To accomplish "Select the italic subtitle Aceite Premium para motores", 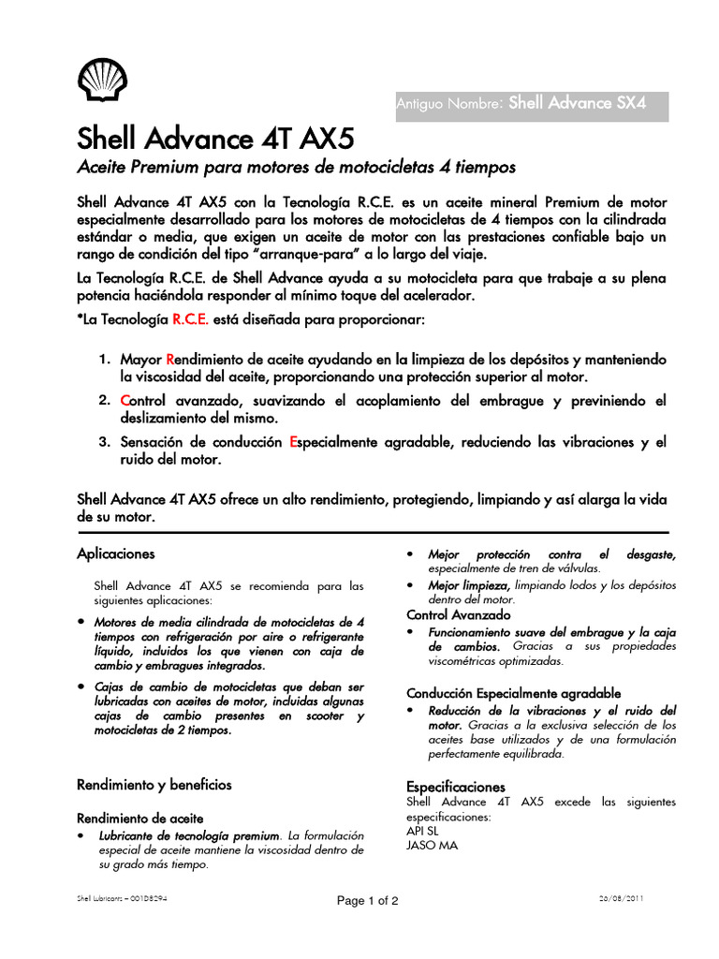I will pos(295,168).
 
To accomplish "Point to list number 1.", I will pos(105,360).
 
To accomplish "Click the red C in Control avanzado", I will pos(125,401).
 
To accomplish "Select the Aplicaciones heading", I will pos(115,553).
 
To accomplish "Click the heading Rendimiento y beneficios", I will pos(154,784).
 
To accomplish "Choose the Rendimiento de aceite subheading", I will pos(139,818).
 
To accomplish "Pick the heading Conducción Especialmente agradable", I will pos(513,693).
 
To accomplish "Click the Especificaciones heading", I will pos(455,787).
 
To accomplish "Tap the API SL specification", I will pos(422,830).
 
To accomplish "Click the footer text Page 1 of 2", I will pos(368,901).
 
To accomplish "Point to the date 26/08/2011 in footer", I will pos(620,898).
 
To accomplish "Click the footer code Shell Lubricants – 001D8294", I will pos(122,898).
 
